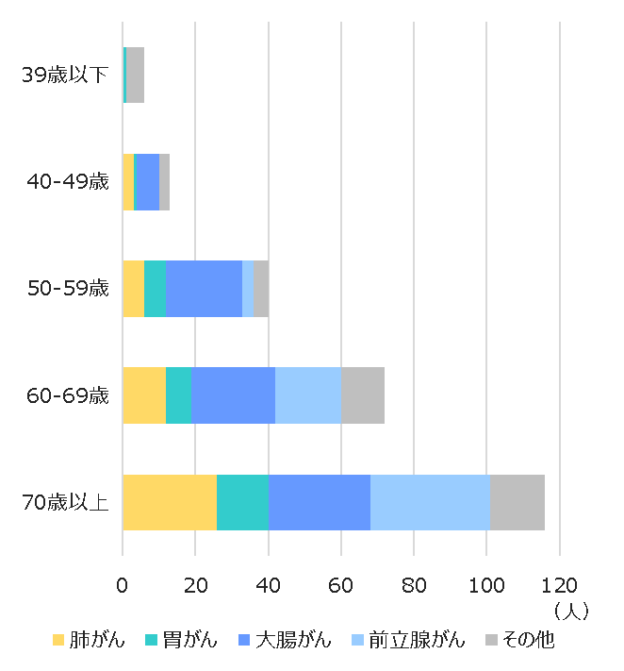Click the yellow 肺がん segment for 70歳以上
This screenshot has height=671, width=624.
click(x=170, y=502)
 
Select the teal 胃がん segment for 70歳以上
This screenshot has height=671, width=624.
click(x=242, y=502)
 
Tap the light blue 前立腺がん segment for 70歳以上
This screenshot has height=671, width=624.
click(x=430, y=502)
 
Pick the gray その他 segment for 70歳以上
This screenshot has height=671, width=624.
click(x=517, y=502)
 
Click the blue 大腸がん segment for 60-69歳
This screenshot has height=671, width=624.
click(x=233, y=395)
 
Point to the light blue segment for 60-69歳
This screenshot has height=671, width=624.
click(x=307, y=395)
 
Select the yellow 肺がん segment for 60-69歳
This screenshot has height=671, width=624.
click(x=144, y=395)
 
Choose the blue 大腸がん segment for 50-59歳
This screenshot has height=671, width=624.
click(x=204, y=288)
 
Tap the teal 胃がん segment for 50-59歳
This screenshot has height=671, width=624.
click(x=155, y=288)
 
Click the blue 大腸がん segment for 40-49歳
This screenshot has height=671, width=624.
click(x=148, y=181)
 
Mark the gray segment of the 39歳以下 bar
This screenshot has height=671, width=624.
click(x=136, y=75)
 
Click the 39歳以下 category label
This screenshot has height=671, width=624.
click(x=65, y=75)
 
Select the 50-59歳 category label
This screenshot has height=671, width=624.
click(x=68, y=289)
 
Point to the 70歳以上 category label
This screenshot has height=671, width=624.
click(x=65, y=502)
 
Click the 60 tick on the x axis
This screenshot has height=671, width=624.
click(x=340, y=584)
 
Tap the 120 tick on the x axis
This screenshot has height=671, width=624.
click(x=559, y=584)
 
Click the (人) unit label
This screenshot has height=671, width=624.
click(x=571, y=611)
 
